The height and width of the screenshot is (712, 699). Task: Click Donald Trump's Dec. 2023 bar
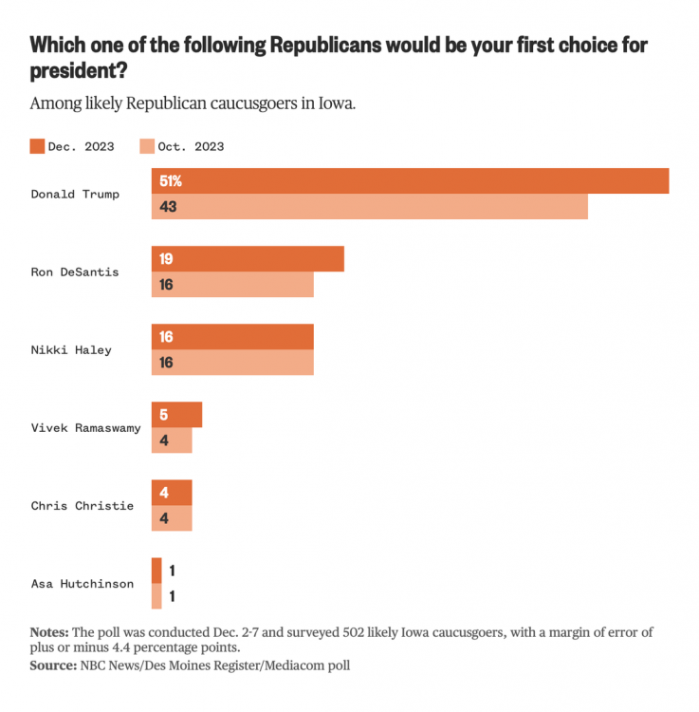pyautogui.click(x=410, y=180)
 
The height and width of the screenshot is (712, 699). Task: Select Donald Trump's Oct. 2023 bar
pyautogui.click(x=370, y=206)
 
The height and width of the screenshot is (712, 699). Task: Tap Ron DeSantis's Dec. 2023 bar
pyautogui.click(x=248, y=259)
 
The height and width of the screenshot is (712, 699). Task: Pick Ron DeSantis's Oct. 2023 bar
pyautogui.click(x=232, y=285)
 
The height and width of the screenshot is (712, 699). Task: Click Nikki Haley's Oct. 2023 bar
pyautogui.click(x=232, y=363)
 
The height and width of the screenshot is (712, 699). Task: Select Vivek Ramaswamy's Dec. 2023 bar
pyautogui.click(x=176, y=415)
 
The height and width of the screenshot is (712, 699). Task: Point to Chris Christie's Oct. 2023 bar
pyautogui.click(x=172, y=518)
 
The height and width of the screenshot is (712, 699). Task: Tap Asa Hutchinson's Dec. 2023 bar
pyautogui.click(x=156, y=571)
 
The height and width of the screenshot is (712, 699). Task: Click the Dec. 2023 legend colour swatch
pyautogui.click(x=38, y=146)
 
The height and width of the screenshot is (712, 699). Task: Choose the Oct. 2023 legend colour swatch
pyautogui.click(x=147, y=146)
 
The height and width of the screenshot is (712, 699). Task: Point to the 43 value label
pyautogui.click(x=169, y=206)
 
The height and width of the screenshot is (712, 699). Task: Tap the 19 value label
pyautogui.click(x=166, y=259)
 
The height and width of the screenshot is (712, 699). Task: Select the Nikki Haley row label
pyautogui.click(x=71, y=349)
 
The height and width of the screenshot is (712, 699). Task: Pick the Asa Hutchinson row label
pyautogui.click(x=82, y=583)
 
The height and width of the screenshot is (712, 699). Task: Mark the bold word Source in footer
pyautogui.click(x=52, y=665)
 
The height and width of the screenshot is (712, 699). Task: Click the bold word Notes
pyautogui.click(x=49, y=631)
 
